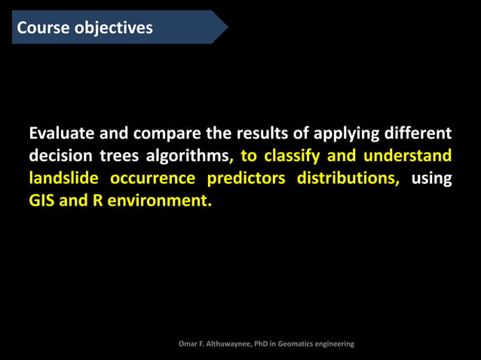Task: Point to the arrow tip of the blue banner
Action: point(225,27)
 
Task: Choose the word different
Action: point(418,134)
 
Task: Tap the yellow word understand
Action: point(407,156)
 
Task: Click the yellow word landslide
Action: point(63,178)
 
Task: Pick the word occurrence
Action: point(155,178)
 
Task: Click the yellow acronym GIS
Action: point(42,201)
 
